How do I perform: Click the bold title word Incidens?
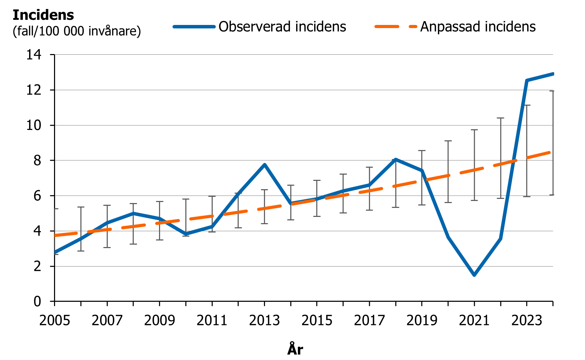click(43, 15)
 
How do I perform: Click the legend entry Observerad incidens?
click(282, 27)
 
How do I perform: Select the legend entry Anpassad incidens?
click(478, 27)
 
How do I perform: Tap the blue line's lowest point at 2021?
click(474, 275)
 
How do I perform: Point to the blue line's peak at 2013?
click(264, 165)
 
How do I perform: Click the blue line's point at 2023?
click(526, 80)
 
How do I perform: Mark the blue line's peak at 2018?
click(396, 159)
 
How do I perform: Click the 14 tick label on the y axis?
click(34, 55)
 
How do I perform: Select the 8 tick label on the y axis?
click(37, 161)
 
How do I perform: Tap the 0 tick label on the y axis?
click(37, 301)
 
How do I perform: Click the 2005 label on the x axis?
click(54, 321)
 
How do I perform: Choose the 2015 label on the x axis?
click(317, 321)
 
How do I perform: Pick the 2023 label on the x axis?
click(526, 321)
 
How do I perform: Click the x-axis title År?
click(295, 349)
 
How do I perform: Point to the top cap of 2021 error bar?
click(474, 130)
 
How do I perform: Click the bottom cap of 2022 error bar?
click(500, 198)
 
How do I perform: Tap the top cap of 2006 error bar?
click(81, 207)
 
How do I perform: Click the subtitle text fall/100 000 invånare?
click(77, 31)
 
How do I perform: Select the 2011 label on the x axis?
click(212, 321)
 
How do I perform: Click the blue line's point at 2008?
click(133, 213)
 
